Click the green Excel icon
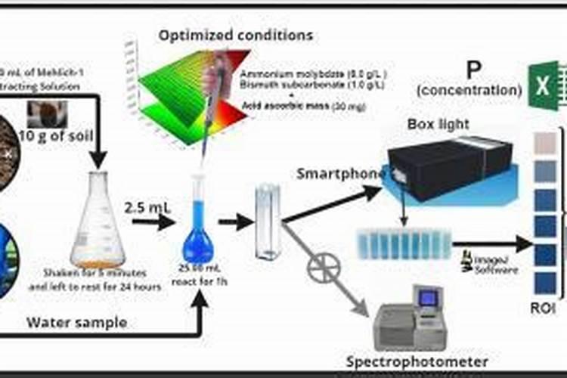(543, 85)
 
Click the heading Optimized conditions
(235, 36)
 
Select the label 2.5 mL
(146, 206)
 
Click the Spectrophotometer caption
(417, 361)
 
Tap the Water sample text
(77, 323)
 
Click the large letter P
(473, 72)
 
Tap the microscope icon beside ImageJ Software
(458, 262)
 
